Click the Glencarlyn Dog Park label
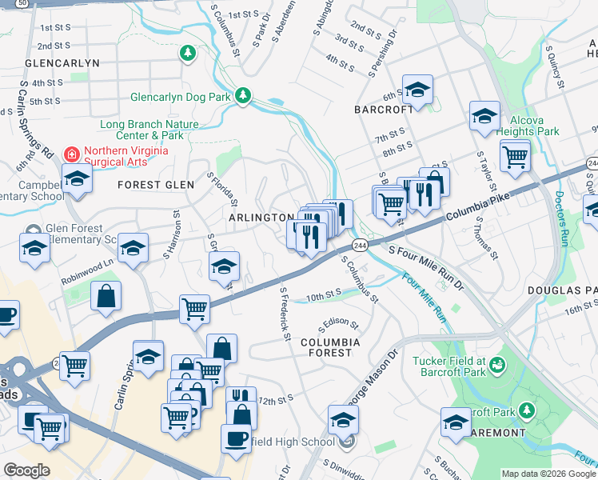(x=181, y=98)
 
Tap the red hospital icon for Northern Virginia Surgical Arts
(x=72, y=152)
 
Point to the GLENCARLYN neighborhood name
(x=62, y=62)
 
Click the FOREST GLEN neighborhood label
(x=156, y=185)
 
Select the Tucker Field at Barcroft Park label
(x=449, y=366)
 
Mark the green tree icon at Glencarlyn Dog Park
(x=243, y=97)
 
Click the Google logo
(x=26, y=470)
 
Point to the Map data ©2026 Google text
(x=548, y=474)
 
